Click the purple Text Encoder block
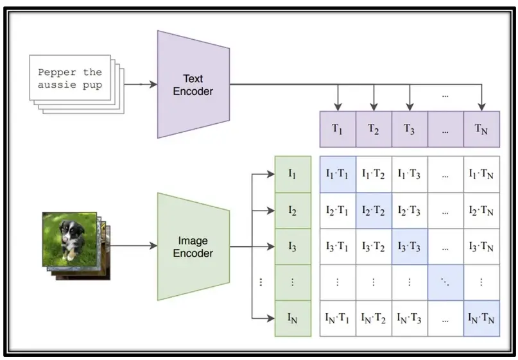(193, 84)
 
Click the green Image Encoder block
(193, 246)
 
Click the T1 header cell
(338, 128)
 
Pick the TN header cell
(481, 128)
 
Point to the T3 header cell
(410, 128)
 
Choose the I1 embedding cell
(293, 173)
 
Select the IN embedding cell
(293, 318)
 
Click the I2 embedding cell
(293, 210)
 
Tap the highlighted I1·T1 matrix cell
(338, 173)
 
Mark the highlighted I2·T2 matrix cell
(374, 210)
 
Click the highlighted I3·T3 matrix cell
(410, 246)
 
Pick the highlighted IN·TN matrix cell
(481, 318)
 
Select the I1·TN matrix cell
(481, 173)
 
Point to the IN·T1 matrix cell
(338, 318)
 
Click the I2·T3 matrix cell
(410, 210)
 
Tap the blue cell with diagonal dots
(445, 282)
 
